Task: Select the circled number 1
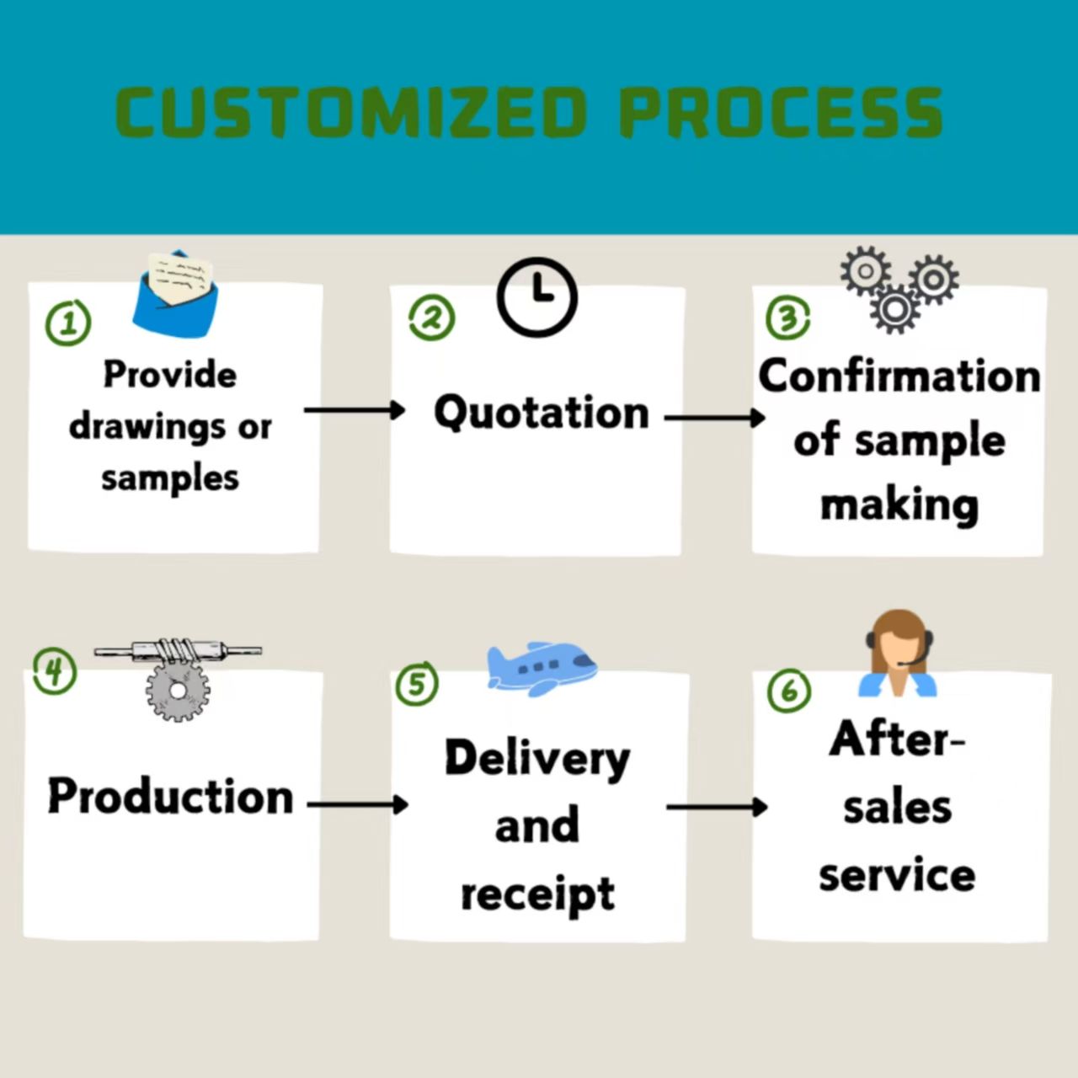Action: click(x=68, y=323)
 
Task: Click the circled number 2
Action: click(x=432, y=318)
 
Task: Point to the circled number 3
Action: click(x=788, y=318)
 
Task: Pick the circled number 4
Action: click(x=55, y=671)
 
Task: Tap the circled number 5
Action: click(x=417, y=683)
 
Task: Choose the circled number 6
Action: click(x=789, y=691)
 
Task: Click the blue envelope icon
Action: click(x=175, y=293)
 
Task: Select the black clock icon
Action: click(x=537, y=297)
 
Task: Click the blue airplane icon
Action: click(x=541, y=668)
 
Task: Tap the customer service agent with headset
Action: click(x=899, y=655)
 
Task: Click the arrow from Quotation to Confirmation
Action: click(x=715, y=417)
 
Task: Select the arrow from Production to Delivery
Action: click(x=358, y=804)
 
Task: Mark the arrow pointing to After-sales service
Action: click(x=717, y=807)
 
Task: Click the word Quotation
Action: click(x=542, y=413)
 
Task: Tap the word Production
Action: click(x=170, y=796)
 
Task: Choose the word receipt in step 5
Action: click(x=537, y=894)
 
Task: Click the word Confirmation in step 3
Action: click(x=899, y=376)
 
